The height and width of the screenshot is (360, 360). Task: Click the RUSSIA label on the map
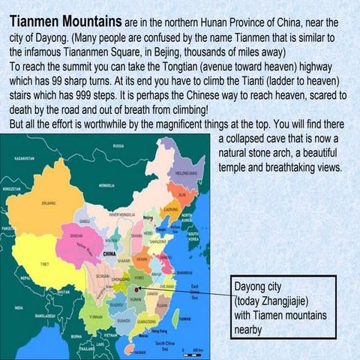pyautogui.click(x=118, y=145)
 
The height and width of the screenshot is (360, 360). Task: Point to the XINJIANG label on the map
pyautogui.click(x=48, y=203)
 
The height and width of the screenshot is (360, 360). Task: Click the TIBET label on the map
pyautogui.click(x=44, y=265)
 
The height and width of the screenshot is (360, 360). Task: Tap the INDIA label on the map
pyautogui.click(x=19, y=307)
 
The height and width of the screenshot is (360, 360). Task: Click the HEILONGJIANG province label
pyautogui.click(x=185, y=172)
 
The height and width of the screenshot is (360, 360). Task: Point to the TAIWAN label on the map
pyautogui.click(x=185, y=318)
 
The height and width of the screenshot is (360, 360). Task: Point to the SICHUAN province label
pyautogui.click(x=102, y=277)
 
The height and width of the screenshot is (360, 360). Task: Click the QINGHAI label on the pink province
pyautogui.click(x=76, y=235)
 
